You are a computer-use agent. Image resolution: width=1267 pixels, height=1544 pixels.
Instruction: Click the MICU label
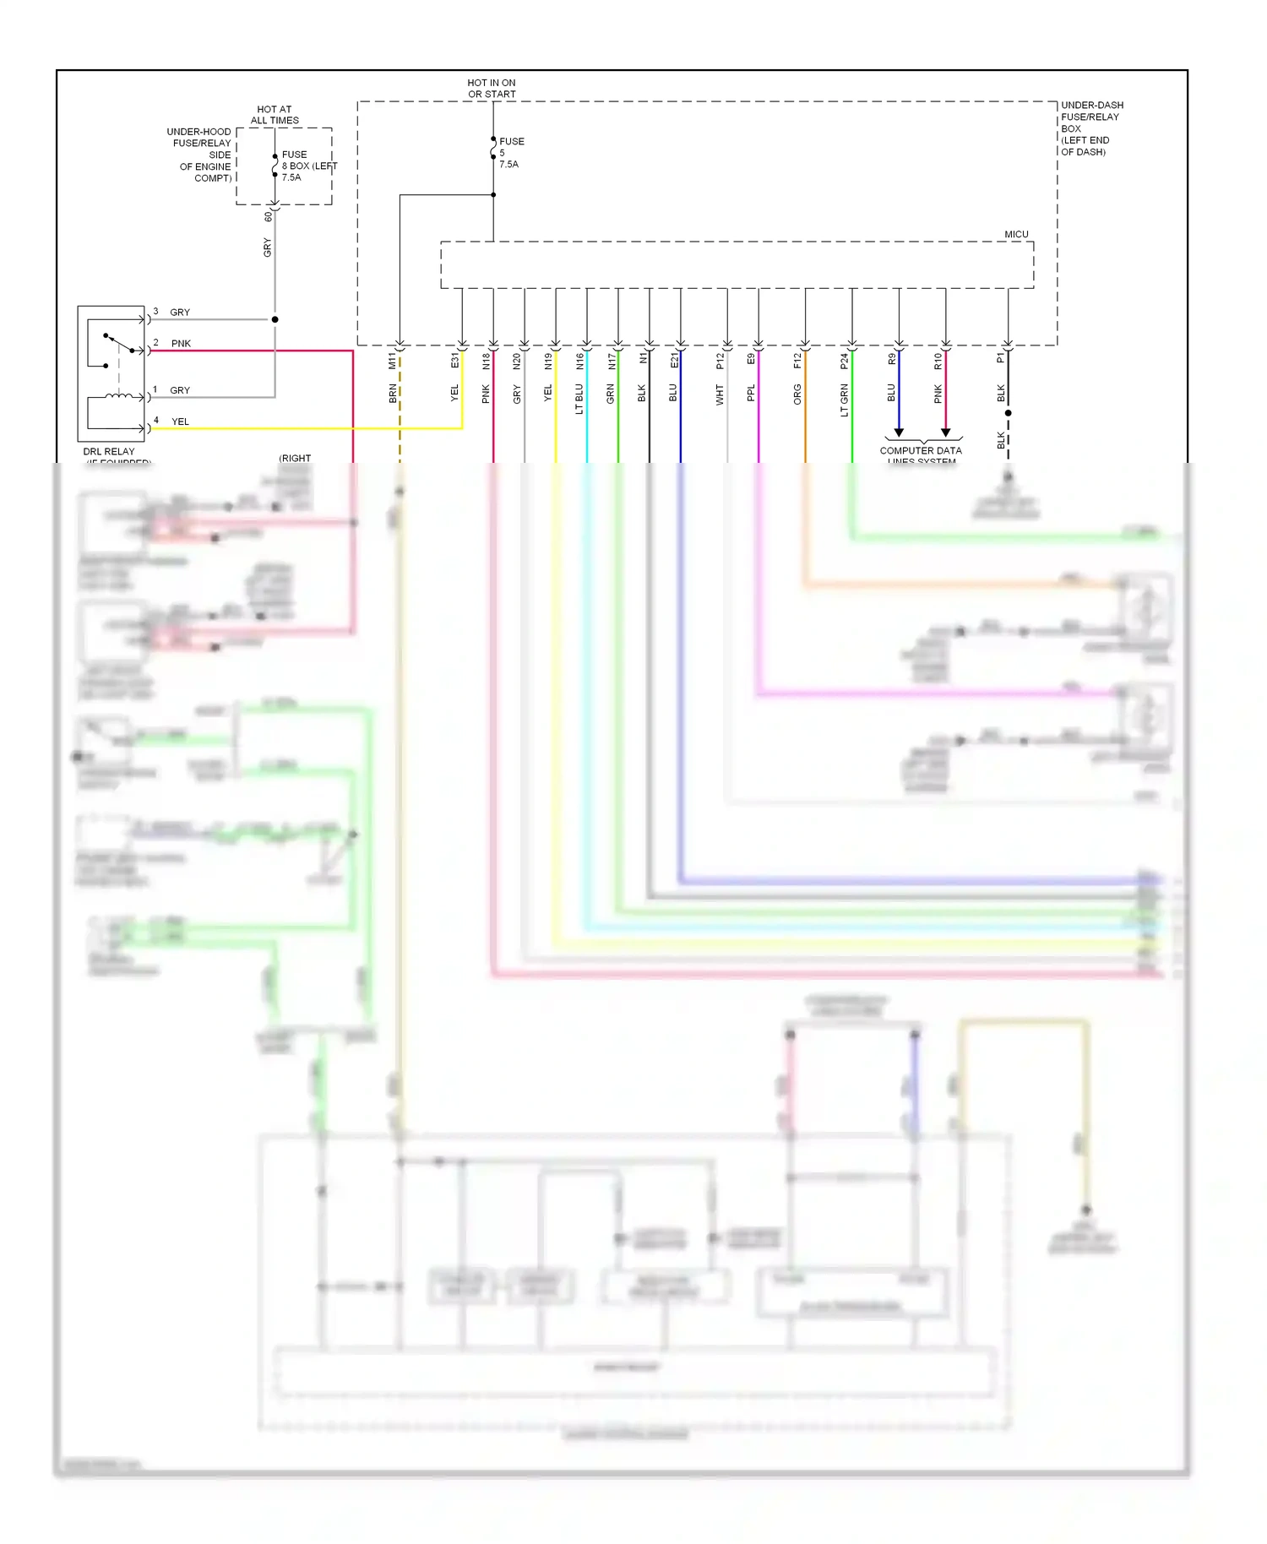click(x=1016, y=234)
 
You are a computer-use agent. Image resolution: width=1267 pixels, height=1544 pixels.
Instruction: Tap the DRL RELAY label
click(x=108, y=452)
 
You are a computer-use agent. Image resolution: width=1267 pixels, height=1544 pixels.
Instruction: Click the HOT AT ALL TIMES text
click(x=275, y=115)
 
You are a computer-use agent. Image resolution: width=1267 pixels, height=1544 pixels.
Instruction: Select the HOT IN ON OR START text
click(x=492, y=89)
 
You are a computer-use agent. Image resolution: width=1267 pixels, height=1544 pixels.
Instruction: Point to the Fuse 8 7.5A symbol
click(x=275, y=166)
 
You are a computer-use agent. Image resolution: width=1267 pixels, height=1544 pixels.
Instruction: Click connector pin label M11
click(x=392, y=362)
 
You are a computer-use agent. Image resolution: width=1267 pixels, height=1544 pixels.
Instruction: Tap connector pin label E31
click(x=454, y=361)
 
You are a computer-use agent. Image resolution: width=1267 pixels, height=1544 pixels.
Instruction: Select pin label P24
click(x=844, y=362)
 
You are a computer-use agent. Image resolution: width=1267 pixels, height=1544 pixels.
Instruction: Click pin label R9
click(x=891, y=360)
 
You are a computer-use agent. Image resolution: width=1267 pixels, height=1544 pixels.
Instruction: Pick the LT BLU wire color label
click(x=579, y=399)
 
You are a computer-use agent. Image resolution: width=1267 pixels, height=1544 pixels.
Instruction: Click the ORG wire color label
click(x=797, y=394)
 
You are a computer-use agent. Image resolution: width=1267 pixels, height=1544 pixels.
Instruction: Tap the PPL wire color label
click(x=751, y=394)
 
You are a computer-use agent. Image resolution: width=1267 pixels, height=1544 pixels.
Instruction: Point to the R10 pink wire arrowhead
click(x=945, y=432)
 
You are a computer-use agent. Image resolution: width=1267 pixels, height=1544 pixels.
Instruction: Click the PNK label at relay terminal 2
click(x=181, y=344)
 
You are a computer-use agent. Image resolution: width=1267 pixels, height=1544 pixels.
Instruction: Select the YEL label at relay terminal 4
click(x=180, y=421)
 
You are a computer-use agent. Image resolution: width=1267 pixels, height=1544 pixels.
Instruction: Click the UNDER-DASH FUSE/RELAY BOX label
click(x=1091, y=128)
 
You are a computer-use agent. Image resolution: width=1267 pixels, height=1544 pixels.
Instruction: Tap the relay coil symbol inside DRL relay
click(x=118, y=395)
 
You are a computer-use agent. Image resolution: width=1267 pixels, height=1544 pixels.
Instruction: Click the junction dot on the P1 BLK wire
click(x=1008, y=413)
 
